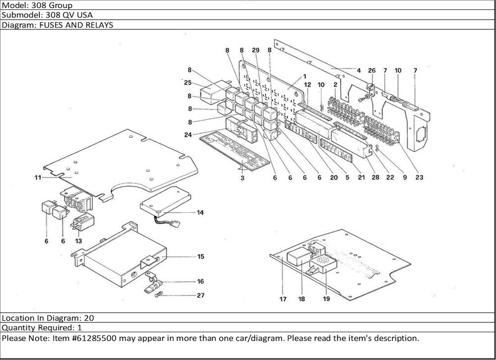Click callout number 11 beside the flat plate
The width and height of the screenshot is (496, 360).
(x=38, y=178)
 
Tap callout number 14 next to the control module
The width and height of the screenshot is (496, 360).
(x=200, y=213)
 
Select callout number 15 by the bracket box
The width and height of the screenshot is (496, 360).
(x=200, y=257)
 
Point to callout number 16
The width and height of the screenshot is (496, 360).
(x=200, y=281)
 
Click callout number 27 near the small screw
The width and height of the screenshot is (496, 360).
(x=200, y=296)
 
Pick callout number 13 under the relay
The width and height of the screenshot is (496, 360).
(x=78, y=240)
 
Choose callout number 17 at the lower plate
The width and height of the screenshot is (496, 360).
(x=283, y=300)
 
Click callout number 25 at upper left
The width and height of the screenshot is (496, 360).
(x=187, y=82)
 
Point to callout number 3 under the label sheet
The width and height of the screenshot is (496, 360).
(x=243, y=178)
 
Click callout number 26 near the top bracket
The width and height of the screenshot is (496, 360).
(x=372, y=70)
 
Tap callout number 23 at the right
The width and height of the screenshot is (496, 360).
(x=419, y=178)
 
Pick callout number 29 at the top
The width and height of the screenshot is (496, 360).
(x=255, y=51)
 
